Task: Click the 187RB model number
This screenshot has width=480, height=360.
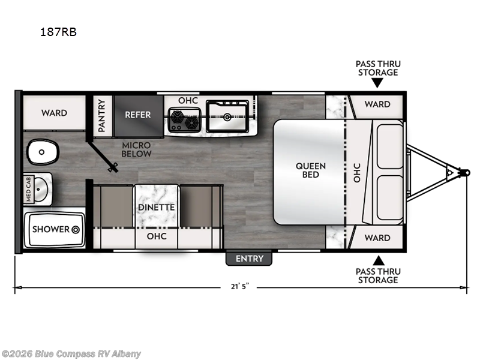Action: [58, 32]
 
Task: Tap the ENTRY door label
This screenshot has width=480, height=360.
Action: [249, 259]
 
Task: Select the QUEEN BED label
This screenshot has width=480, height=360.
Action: [310, 170]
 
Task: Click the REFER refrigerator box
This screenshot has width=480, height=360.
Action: [139, 115]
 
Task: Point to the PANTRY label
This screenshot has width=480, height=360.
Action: [101, 115]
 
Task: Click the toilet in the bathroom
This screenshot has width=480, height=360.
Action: [42, 152]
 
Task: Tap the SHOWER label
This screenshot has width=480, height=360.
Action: [51, 229]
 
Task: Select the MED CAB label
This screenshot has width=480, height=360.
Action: [28, 189]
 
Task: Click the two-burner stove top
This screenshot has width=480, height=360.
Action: [184, 119]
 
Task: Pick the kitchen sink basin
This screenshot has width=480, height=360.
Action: [227, 116]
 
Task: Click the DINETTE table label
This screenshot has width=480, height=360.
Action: [156, 207]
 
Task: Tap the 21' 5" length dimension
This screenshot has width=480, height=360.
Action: [240, 287]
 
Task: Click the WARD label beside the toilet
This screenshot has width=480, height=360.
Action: [54, 113]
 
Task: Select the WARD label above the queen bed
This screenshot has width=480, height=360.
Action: [377, 104]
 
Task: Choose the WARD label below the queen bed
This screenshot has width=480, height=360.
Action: [377, 238]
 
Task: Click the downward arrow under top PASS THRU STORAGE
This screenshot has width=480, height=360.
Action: [377, 83]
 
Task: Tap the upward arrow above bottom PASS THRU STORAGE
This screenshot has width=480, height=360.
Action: [379, 260]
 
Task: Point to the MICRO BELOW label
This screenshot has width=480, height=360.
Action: [136, 149]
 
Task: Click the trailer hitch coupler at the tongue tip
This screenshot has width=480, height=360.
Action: [465, 172]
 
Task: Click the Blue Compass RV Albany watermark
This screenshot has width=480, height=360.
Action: [70, 354]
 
